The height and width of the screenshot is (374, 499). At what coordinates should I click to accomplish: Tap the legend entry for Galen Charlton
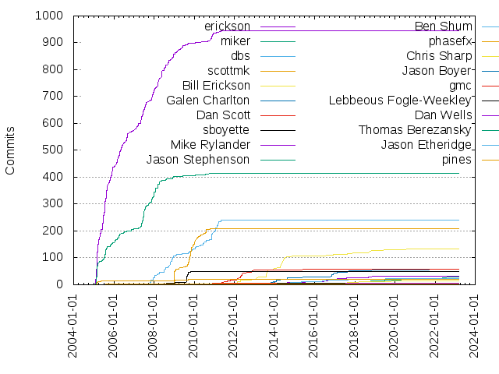pyautogui.click(x=208, y=101)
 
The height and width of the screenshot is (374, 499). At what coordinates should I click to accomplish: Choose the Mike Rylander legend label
pyautogui.click(x=211, y=145)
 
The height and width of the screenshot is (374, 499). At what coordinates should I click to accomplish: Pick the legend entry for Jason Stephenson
pyautogui.click(x=198, y=160)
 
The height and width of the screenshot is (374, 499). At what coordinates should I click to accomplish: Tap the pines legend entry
pyautogui.click(x=457, y=160)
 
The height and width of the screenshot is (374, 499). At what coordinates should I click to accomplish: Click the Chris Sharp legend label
pyautogui.click(x=439, y=56)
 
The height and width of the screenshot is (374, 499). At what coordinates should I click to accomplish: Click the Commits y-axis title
pyautogui.click(x=11, y=150)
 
